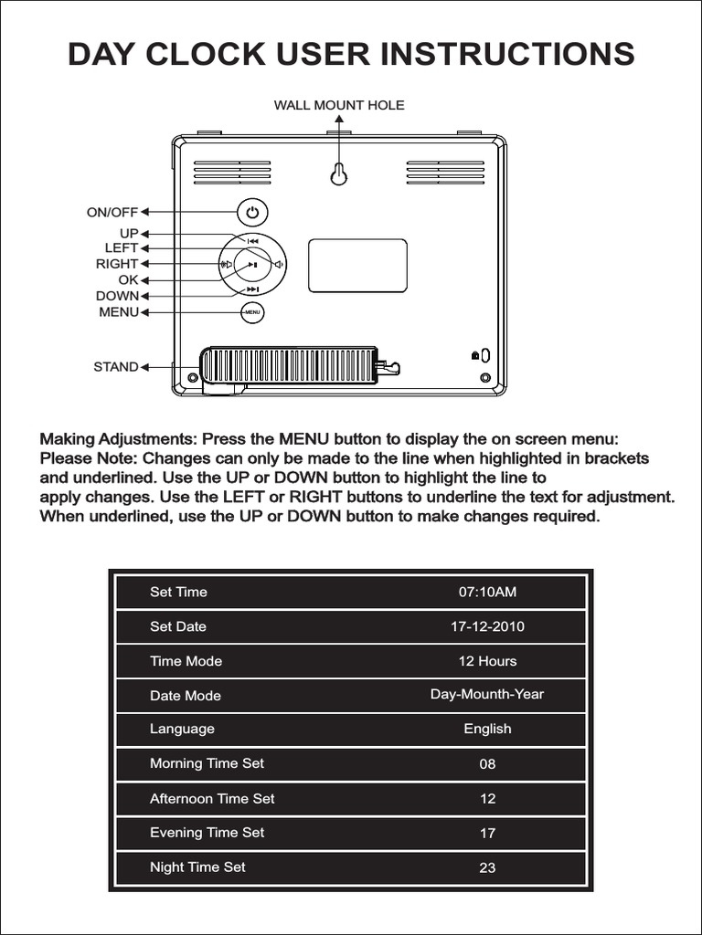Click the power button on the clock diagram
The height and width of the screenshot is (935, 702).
pyautogui.click(x=252, y=213)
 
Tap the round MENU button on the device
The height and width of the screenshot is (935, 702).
pyautogui.click(x=252, y=312)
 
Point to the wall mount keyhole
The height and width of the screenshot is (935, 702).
pyautogui.click(x=339, y=173)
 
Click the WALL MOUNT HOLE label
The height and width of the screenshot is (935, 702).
pyautogui.click(x=339, y=105)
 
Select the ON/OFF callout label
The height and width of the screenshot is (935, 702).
pyautogui.click(x=112, y=213)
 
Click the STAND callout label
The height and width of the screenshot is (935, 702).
pyautogui.click(x=116, y=367)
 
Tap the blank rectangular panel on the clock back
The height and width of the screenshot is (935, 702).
pyautogui.click(x=357, y=266)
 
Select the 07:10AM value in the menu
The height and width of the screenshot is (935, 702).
pyautogui.click(x=487, y=592)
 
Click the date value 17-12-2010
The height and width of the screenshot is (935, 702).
pyautogui.click(x=487, y=626)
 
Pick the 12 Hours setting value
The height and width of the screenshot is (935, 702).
pyautogui.click(x=487, y=660)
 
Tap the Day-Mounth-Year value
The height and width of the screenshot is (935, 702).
pyautogui.click(x=487, y=694)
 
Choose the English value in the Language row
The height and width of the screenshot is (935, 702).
pyautogui.click(x=487, y=729)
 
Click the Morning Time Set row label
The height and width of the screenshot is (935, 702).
pyautogui.click(x=207, y=763)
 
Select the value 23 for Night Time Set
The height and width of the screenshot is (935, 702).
pyautogui.click(x=487, y=867)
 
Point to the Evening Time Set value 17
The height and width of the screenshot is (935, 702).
pyautogui.click(x=487, y=833)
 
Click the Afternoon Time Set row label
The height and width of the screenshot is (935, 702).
pyautogui.click(x=212, y=798)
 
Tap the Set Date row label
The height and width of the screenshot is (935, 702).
pyautogui.click(x=178, y=626)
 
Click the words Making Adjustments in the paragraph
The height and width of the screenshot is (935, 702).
pyautogui.click(x=117, y=439)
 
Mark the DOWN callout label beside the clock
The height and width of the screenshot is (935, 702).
pyautogui.click(x=117, y=296)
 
